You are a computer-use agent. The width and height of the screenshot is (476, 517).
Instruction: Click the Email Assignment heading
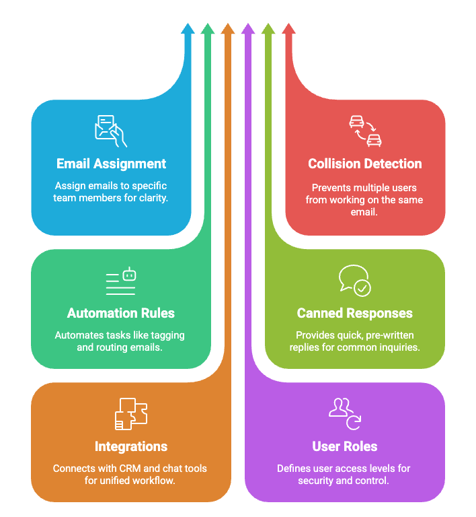point(111,164)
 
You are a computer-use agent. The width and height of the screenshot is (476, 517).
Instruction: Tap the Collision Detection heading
point(365,164)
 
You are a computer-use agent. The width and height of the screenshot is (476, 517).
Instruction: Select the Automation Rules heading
point(121,313)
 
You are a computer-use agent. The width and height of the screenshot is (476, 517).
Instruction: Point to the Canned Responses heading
point(355,313)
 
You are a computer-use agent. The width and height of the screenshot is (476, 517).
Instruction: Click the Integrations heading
point(131,446)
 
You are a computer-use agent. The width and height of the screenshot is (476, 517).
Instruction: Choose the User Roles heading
point(345,446)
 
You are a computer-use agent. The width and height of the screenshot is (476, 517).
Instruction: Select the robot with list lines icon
point(121,281)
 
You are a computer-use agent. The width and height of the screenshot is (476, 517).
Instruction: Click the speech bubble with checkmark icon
point(354,281)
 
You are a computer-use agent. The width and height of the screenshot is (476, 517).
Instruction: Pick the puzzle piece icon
point(131,414)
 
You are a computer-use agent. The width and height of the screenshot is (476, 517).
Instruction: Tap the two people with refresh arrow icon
point(345,413)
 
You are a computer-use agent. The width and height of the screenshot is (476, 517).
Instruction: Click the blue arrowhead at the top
point(188,28)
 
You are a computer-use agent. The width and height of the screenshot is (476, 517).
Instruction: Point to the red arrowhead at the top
point(288,28)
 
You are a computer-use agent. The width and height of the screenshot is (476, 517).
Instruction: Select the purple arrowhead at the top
point(248,28)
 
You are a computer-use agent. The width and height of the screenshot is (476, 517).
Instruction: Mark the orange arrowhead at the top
point(228,28)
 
